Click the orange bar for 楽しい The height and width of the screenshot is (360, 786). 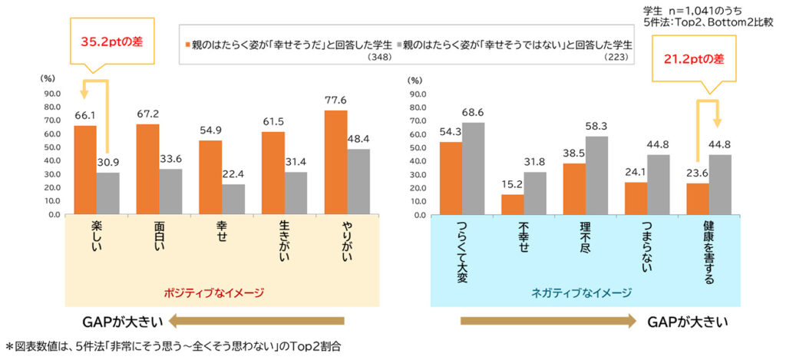click(85, 170)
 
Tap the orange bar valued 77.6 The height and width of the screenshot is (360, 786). click(335, 162)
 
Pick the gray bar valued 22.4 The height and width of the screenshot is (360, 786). click(232, 199)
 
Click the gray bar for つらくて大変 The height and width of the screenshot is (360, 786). click(472, 168)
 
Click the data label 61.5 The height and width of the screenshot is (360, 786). click(273, 122)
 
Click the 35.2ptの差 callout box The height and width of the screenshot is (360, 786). click(107, 43)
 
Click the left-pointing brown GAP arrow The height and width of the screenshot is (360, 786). click(257, 321)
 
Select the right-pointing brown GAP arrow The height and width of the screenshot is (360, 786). click(547, 321)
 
